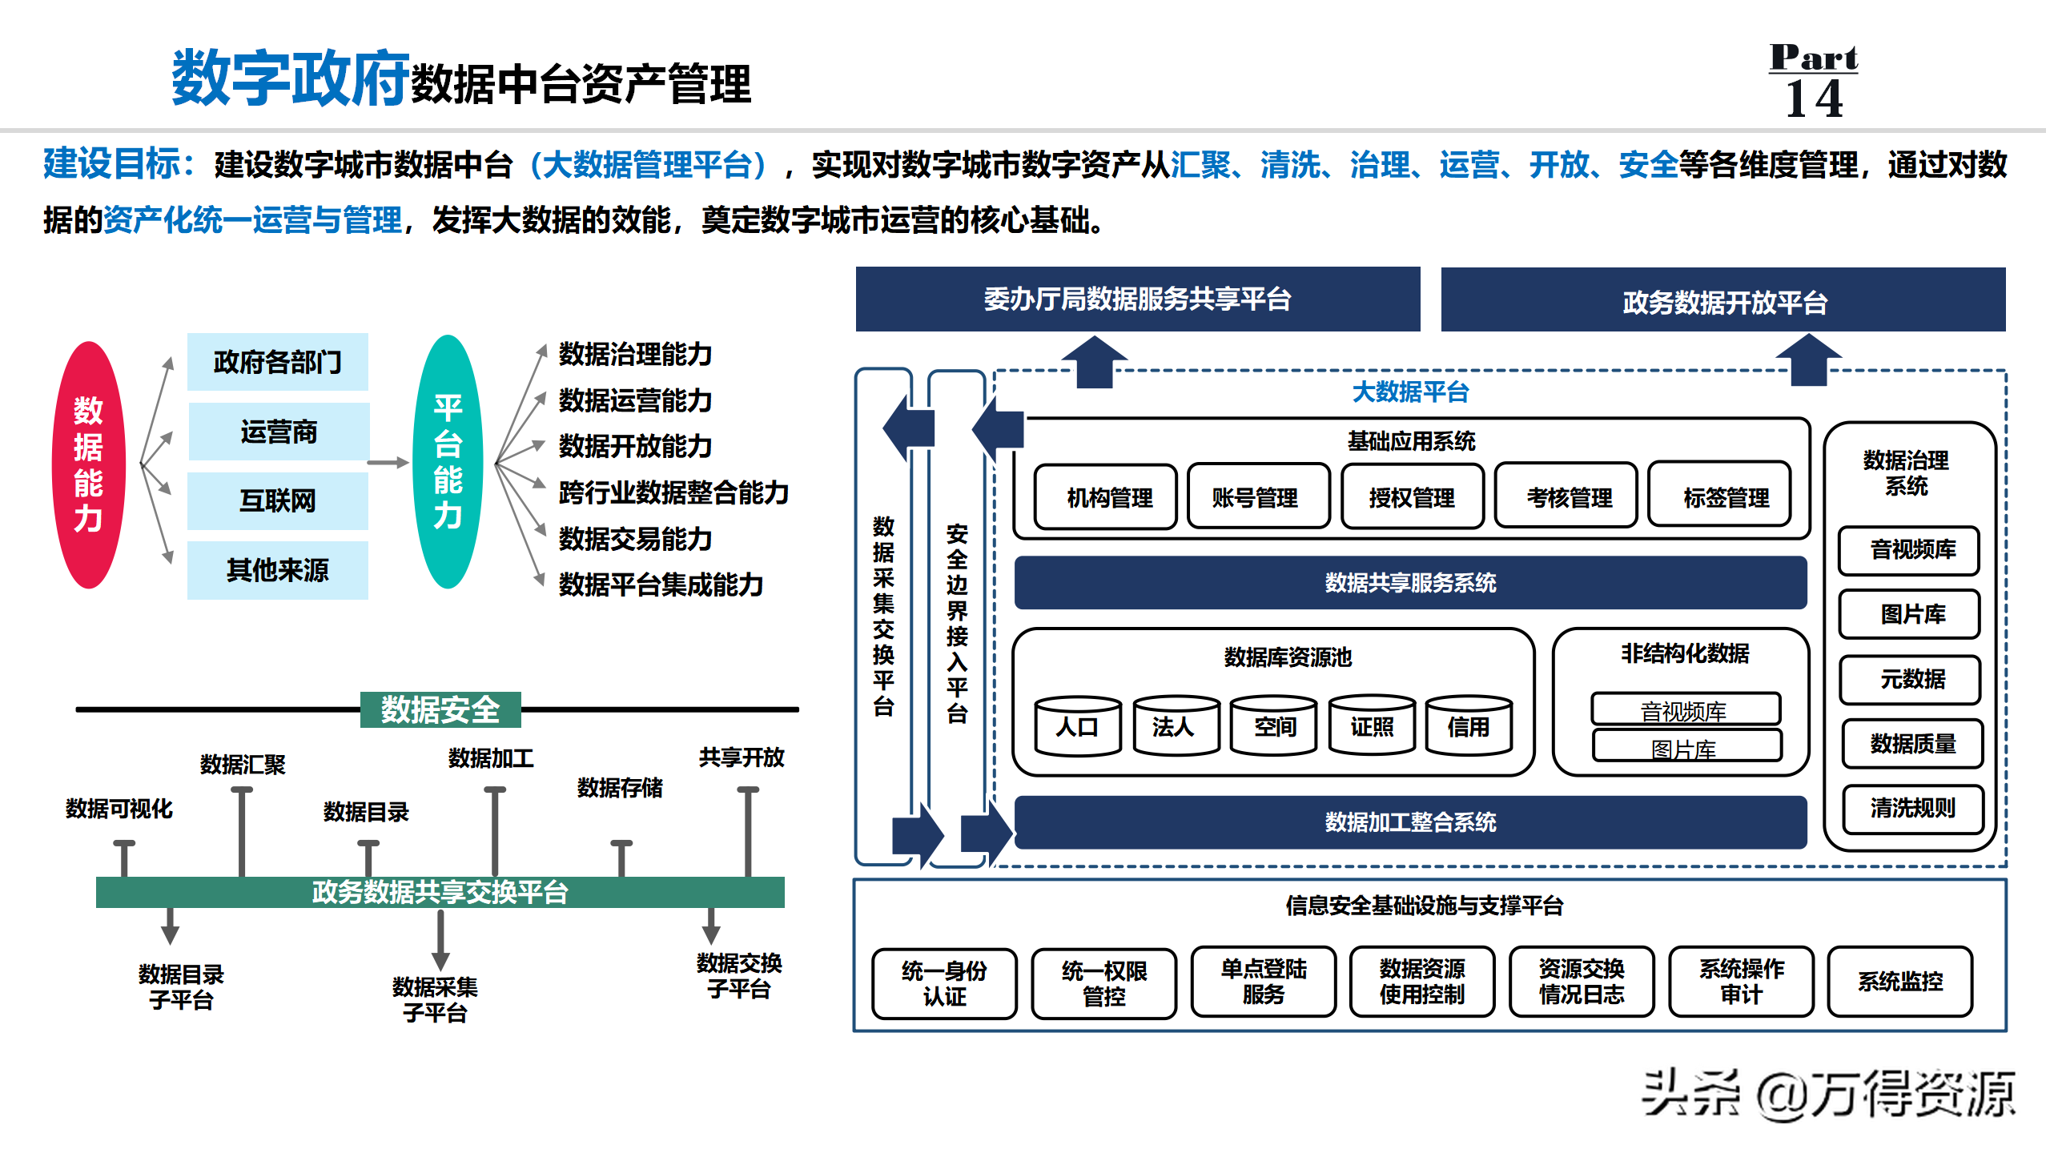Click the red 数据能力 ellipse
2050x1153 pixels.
click(x=89, y=465)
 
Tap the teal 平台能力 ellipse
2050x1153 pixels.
click(x=448, y=462)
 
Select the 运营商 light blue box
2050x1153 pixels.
click(x=279, y=432)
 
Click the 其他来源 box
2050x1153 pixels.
click(x=278, y=570)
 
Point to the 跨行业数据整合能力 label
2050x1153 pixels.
click(x=673, y=492)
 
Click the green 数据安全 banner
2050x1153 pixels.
click(x=440, y=709)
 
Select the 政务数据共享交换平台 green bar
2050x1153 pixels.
click(x=440, y=892)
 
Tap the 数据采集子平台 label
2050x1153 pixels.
click(x=435, y=999)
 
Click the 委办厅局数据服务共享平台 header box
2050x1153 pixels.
click(x=1138, y=299)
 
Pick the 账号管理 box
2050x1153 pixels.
click(x=1255, y=497)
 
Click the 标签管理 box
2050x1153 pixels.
click(x=1726, y=497)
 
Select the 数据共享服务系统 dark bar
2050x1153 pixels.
click(x=1410, y=583)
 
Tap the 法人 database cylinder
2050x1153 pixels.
click(x=1175, y=725)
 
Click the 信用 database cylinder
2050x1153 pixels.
click(x=1469, y=725)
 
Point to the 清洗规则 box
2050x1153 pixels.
click(x=1912, y=809)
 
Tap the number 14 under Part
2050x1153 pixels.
click(x=1814, y=99)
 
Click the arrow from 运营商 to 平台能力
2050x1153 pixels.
click(x=388, y=462)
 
